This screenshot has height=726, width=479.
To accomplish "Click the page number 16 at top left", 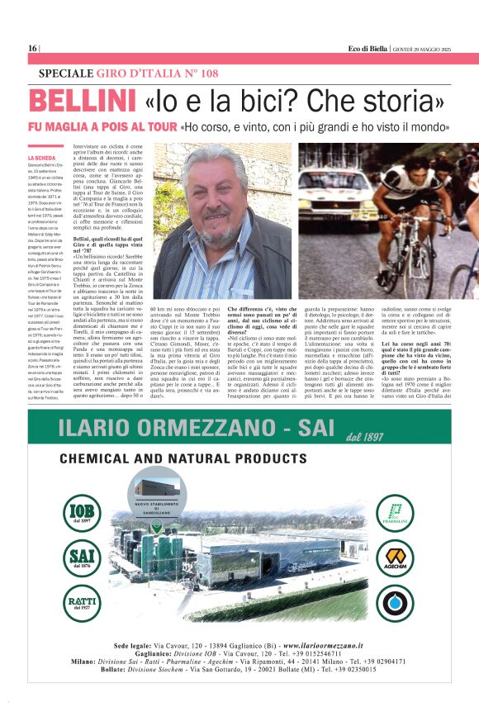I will tap(32, 48).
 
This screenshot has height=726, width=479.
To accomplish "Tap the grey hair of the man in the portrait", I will tap(216, 161).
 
